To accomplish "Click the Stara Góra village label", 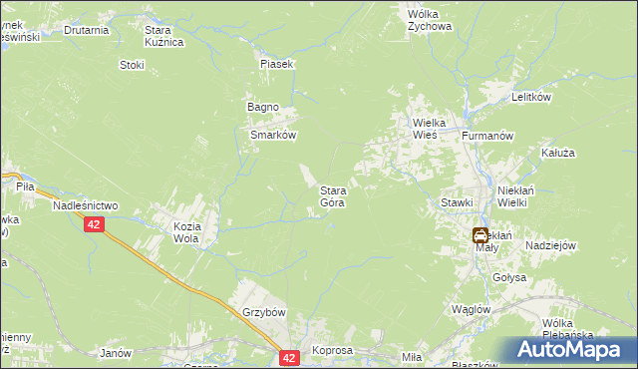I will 332,196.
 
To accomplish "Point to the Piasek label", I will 276,64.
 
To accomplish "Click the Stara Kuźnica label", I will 164,37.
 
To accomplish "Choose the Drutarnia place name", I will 86,30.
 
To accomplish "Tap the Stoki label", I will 132,65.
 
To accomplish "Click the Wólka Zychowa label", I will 430,21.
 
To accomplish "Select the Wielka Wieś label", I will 434,130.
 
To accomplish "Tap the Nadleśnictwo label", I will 85,205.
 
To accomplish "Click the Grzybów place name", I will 264,312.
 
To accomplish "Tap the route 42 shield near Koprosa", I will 289,357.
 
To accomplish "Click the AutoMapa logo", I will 571,350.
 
